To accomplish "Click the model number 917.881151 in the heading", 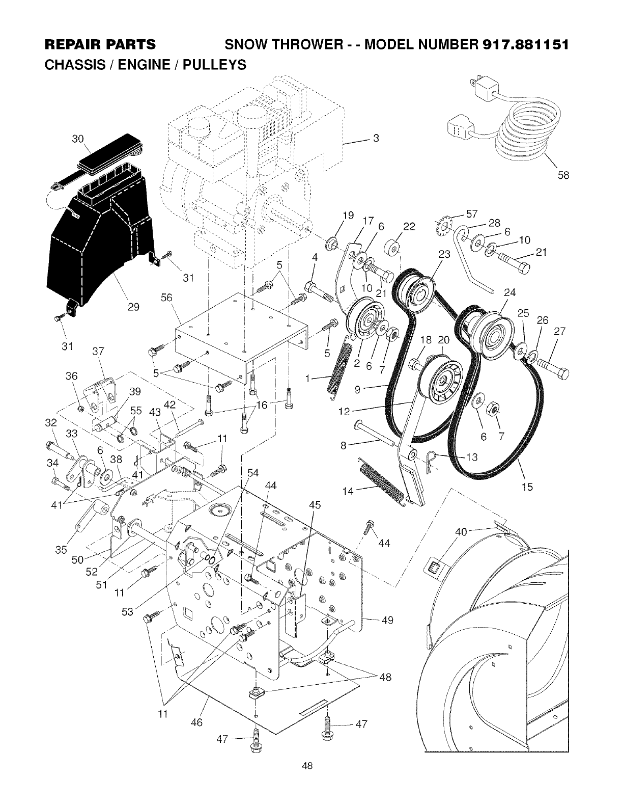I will [x=521, y=44].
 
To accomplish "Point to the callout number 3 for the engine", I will [x=376, y=138].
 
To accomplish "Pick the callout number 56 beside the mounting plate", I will [x=166, y=298].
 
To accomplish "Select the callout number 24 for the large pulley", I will [x=509, y=292].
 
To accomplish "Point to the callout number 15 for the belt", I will [x=527, y=487].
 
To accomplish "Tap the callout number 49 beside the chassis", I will [x=388, y=620].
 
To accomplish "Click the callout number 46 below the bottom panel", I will [x=196, y=722].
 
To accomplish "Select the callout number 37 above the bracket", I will [x=98, y=351].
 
